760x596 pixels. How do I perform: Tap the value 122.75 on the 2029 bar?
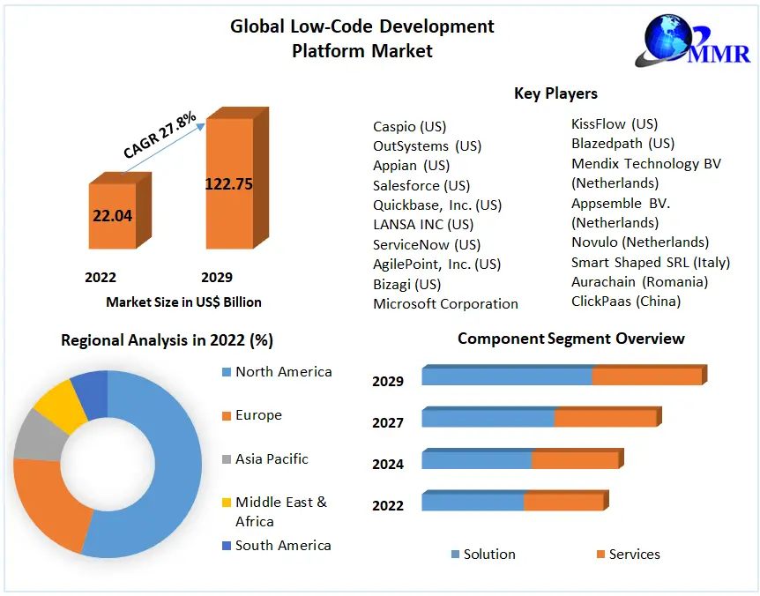click(x=228, y=184)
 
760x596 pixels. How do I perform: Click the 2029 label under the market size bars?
click(x=216, y=278)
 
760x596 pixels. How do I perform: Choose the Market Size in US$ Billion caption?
click(x=183, y=302)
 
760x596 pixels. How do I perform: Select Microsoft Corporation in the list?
click(x=445, y=303)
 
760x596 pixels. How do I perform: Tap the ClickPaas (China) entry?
click(x=626, y=301)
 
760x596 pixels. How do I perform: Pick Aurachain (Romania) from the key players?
click(x=639, y=281)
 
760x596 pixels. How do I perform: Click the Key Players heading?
click(x=555, y=93)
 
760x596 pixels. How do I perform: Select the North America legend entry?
click(x=283, y=372)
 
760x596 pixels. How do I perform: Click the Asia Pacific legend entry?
click(x=272, y=458)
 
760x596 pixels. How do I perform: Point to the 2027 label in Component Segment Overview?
click(x=388, y=423)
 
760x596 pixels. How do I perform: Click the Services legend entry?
click(x=633, y=554)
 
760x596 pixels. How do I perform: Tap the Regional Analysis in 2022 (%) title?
click(x=167, y=340)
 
